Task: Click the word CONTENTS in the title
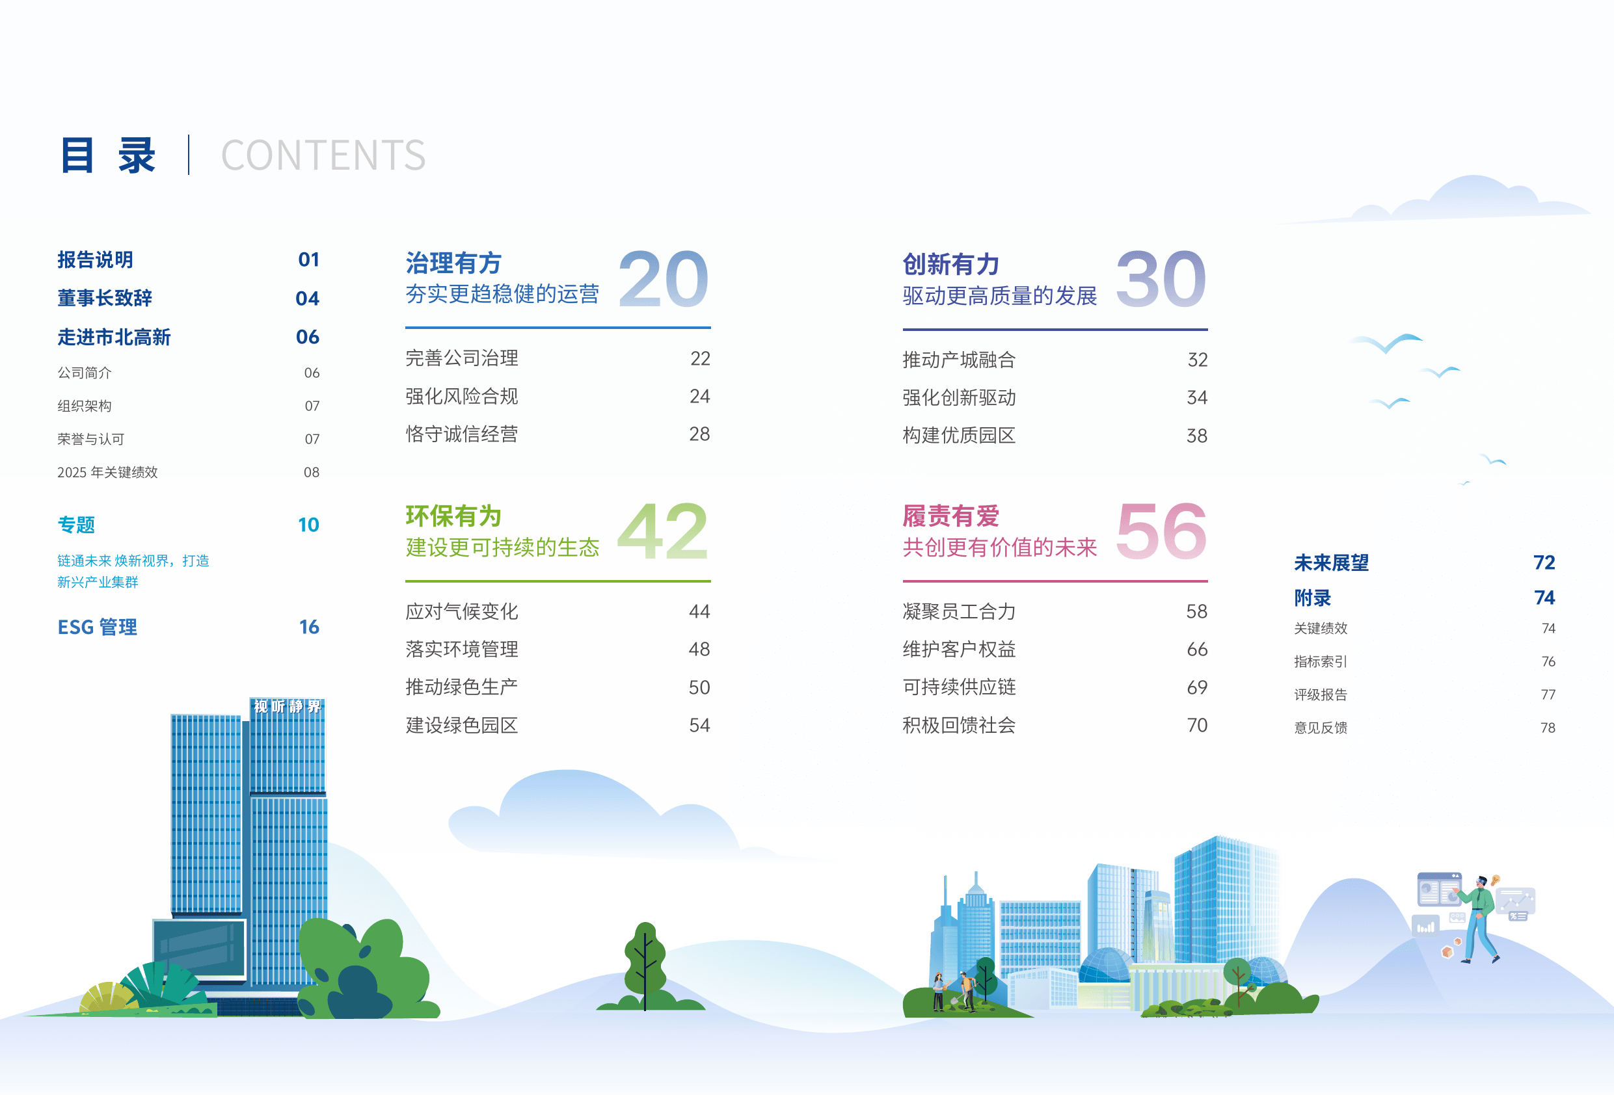click(x=323, y=155)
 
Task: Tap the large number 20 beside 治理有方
click(x=664, y=279)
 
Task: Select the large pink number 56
click(x=1161, y=531)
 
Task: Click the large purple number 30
click(x=1161, y=279)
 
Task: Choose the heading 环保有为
click(x=453, y=516)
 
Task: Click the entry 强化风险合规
click(x=462, y=397)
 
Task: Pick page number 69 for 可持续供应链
click(x=1196, y=687)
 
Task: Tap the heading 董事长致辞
click(x=105, y=298)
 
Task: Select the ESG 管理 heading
click(x=97, y=627)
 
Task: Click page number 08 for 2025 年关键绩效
click(x=312, y=472)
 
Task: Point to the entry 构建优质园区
click(x=959, y=436)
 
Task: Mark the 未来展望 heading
click(x=1332, y=562)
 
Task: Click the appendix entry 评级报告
click(x=1320, y=694)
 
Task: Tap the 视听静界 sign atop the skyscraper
click(x=288, y=706)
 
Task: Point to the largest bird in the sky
click(x=1386, y=342)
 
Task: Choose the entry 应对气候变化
click(x=462, y=611)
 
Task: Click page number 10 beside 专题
click(x=308, y=525)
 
